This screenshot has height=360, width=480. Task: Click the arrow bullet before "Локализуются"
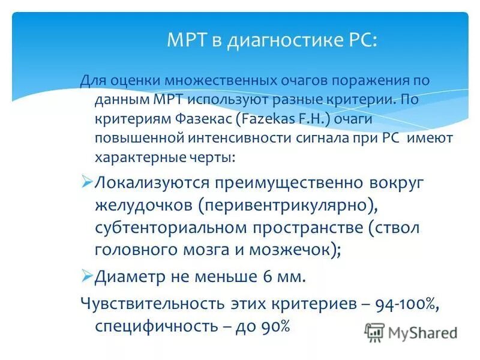click(x=86, y=182)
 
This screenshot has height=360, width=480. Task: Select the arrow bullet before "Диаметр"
click(x=86, y=277)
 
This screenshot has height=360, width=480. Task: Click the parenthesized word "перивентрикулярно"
click(x=289, y=205)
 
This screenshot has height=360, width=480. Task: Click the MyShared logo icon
click(x=374, y=331)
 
